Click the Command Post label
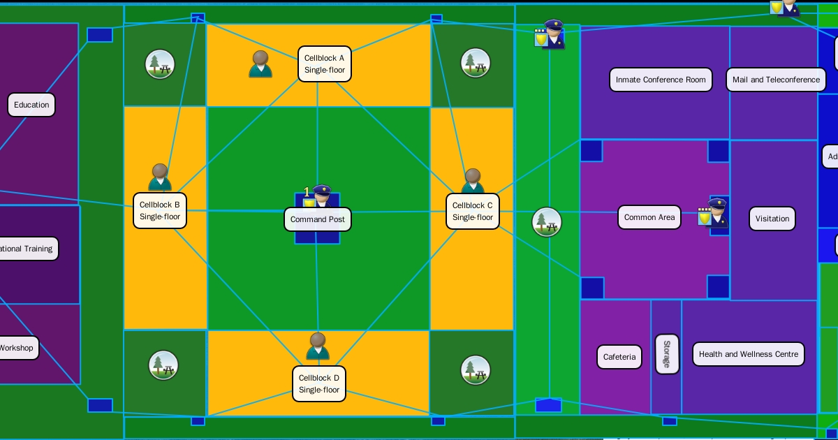[x=318, y=219]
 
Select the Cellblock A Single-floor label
[x=324, y=64]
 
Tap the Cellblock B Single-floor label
[x=160, y=211]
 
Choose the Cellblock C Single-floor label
[x=473, y=211]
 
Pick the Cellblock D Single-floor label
[x=319, y=384]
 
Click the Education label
[x=31, y=105]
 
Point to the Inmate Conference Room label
[x=661, y=80]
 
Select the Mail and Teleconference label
[x=776, y=80]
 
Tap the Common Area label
[x=649, y=217]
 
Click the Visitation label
[x=772, y=219]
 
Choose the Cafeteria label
[x=619, y=357]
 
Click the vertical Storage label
[x=667, y=354]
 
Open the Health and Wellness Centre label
[x=748, y=354]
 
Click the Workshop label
[x=17, y=348]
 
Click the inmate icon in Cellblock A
[x=260, y=64]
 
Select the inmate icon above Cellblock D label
[x=318, y=346]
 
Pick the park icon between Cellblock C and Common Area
[x=547, y=222]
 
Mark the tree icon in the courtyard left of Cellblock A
[x=160, y=64]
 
